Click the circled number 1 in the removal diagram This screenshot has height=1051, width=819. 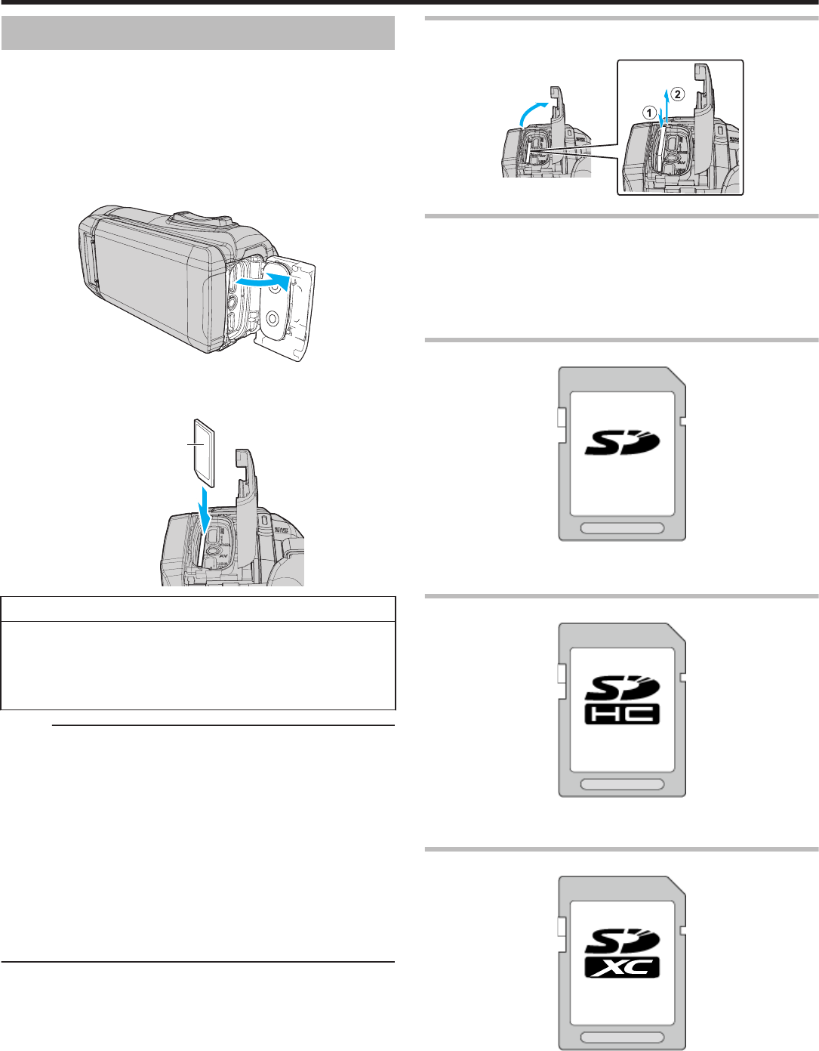(x=648, y=111)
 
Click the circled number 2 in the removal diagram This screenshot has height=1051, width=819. (x=678, y=94)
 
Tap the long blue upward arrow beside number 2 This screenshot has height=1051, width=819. (x=666, y=102)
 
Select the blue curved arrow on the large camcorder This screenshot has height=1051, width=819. (x=264, y=280)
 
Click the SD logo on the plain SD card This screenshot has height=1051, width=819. (x=622, y=444)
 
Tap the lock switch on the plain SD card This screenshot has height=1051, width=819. (x=562, y=416)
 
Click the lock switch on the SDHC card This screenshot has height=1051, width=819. (x=562, y=672)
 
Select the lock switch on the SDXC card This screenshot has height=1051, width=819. (x=562, y=926)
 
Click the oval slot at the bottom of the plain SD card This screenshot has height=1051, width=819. (x=622, y=528)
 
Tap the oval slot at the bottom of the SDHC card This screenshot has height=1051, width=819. (x=622, y=784)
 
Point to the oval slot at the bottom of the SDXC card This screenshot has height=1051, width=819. (x=622, y=1038)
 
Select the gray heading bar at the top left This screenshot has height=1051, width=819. (x=198, y=33)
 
